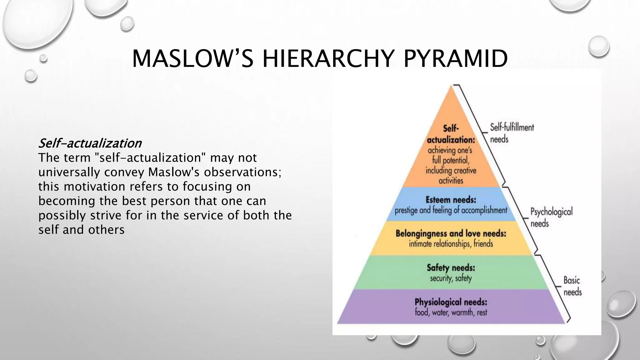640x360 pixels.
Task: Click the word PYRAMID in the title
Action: coord(455,59)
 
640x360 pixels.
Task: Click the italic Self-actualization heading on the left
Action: coord(90,143)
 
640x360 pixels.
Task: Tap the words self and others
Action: coord(81,230)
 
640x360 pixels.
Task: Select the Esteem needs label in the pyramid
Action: coord(451,200)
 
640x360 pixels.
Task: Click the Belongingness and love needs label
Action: coord(451,234)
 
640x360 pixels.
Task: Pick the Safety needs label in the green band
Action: coord(451,268)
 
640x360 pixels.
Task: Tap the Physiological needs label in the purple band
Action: coord(451,302)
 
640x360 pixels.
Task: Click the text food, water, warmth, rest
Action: coord(451,312)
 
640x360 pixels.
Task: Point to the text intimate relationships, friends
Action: coord(451,244)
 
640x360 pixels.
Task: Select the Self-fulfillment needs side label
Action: coord(512,133)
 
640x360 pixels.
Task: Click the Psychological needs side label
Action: coord(551,217)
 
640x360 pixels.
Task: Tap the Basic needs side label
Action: coord(572,286)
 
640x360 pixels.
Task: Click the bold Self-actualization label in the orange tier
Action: coord(451,134)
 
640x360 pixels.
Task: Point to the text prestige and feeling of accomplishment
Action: coord(451,210)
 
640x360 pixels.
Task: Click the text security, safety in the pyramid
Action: coord(451,278)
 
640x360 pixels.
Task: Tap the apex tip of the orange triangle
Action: coord(451,87)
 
